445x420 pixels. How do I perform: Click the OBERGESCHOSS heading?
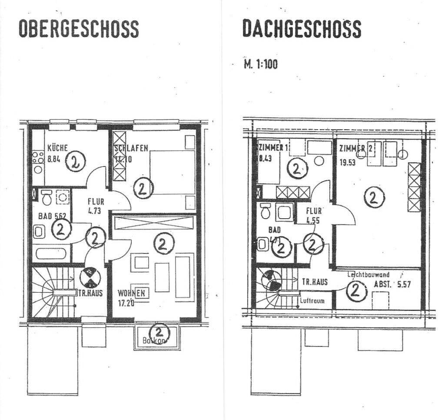(x=79, y=28)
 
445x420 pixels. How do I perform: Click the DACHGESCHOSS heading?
(x=302, y=28)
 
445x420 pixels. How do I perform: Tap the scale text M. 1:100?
(x=261, y=64)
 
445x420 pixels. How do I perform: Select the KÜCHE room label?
(x=57, y=147)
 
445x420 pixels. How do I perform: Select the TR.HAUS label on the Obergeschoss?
(x=91, y=293)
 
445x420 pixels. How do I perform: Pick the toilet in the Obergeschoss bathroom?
(x=46, y=198)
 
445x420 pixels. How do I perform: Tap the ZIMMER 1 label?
(x=272, y=148)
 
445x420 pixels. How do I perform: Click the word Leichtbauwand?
(x=368, y=275)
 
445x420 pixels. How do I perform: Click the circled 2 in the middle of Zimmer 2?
(x=373, y=198)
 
